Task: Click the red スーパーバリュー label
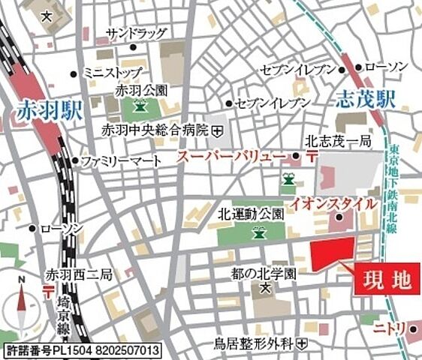[231, 157]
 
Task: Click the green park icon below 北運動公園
[259, 232]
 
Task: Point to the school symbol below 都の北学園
[264, 287]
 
